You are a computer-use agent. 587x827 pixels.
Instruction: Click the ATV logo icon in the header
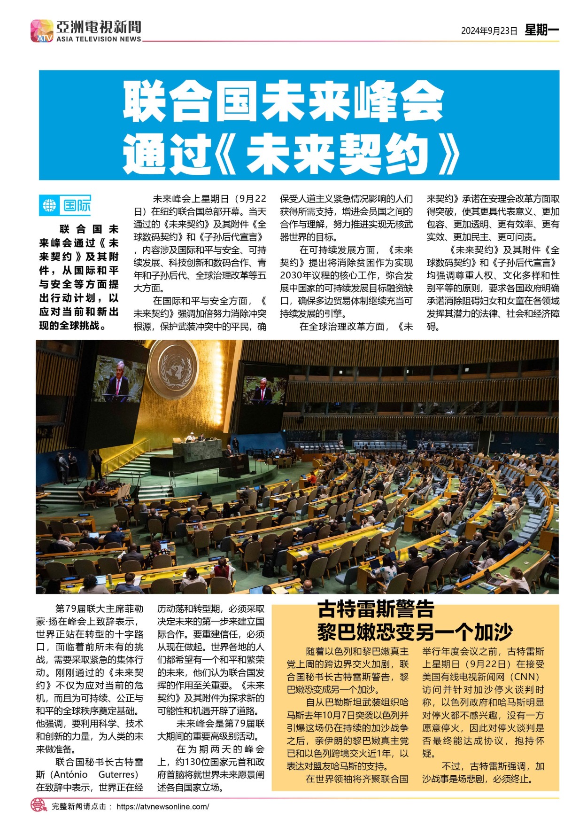(42, 31)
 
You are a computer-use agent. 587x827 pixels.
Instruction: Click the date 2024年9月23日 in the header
(489, 31)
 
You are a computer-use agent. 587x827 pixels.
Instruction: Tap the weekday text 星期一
(541, 31)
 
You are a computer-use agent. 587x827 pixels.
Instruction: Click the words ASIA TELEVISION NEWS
(99, 39)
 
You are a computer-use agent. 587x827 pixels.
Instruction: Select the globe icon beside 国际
(49, 205)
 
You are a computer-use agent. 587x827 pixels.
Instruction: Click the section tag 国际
(77, 205)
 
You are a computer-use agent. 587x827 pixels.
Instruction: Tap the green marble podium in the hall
(197, 451)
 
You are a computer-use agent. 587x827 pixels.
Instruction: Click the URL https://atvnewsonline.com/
(162, 806)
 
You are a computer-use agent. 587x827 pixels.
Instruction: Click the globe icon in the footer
(39, 805)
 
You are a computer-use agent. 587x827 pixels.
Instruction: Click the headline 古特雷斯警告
(376, 609)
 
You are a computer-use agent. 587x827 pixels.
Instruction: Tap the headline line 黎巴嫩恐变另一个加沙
(415, 632)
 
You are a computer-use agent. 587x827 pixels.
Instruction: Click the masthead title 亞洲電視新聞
(99, 27)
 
